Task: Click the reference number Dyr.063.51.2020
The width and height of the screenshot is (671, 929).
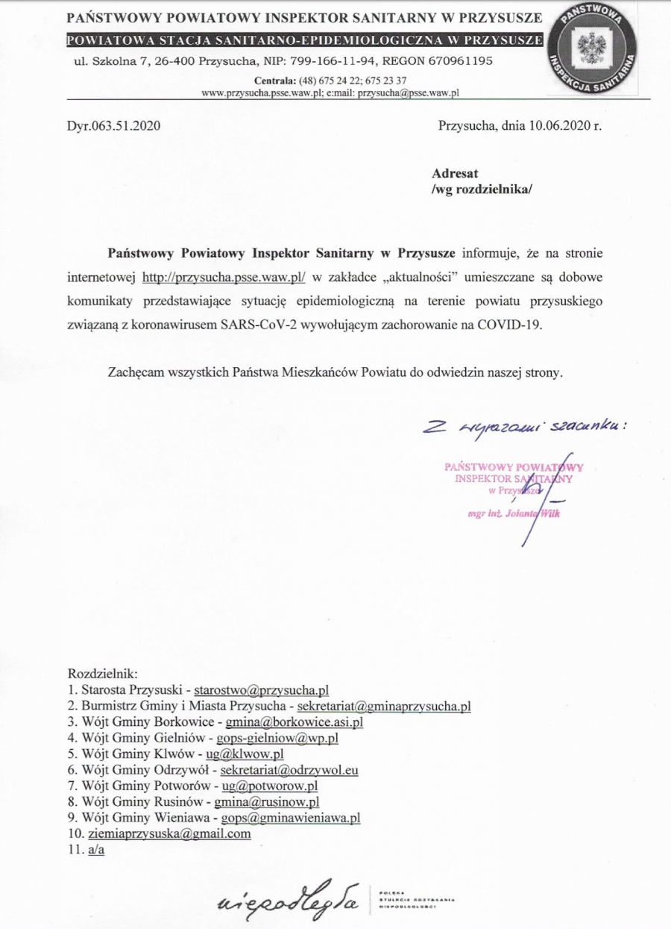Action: click(113, 126)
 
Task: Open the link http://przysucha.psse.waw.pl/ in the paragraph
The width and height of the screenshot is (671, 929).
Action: click(224, 277)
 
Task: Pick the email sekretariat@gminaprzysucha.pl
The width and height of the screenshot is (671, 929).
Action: click(383, 705)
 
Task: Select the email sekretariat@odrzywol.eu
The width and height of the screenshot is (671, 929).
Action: click(289, 770)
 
